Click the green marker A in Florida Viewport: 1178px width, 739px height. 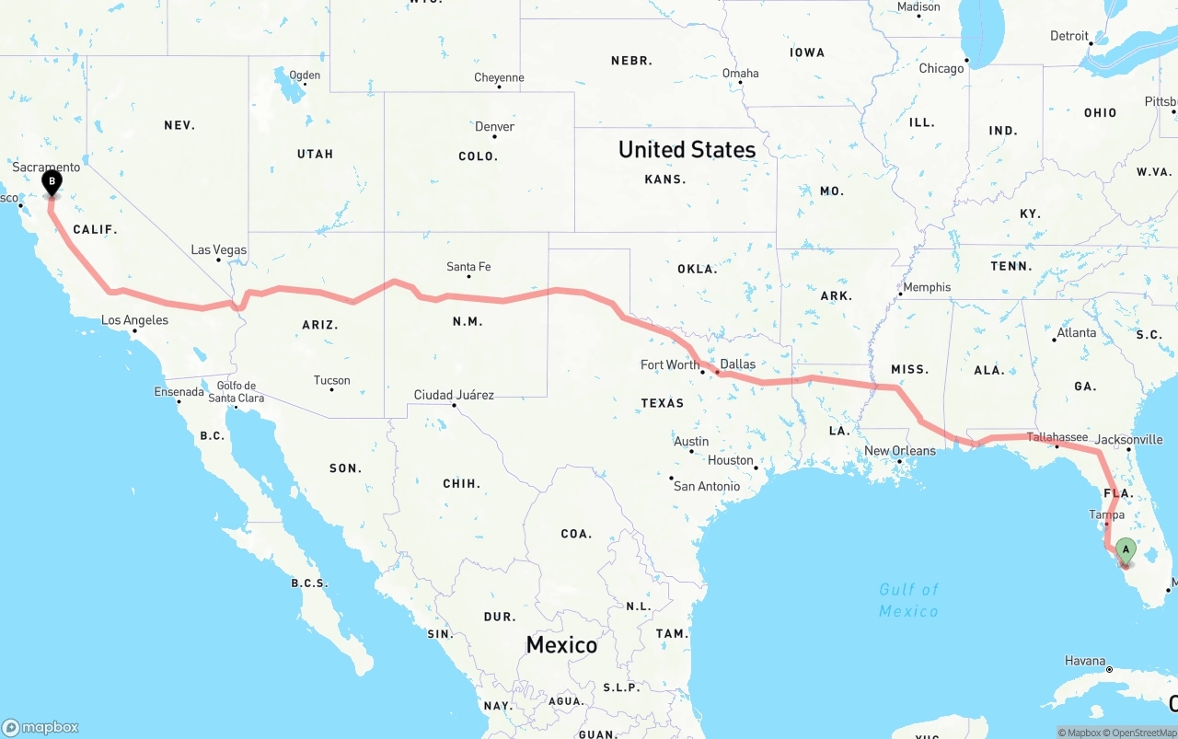click(x=1125, y=551)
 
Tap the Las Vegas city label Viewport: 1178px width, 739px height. click(x=218, y=249)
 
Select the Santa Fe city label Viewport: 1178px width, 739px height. click(x=468, y=267)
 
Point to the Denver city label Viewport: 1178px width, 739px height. click(x=495, y=127)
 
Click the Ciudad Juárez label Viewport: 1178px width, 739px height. click(x=454, y=395)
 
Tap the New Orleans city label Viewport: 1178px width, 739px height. click(x=900, y=451)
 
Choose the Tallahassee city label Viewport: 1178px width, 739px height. click(x=1057, y=437)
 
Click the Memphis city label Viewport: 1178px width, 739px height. click(x=927, y=287)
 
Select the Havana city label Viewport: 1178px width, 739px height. click(x=1085, y=661)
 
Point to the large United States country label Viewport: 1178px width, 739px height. click(x=687, y=149)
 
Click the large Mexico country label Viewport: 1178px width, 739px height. click(x=561, y=645)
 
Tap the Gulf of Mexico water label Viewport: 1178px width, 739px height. click(x=908, y=600)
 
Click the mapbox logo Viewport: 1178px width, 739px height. click(x=40, y=727)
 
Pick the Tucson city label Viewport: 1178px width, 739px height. click(x=331, y=380)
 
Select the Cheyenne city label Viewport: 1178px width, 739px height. click(x=499, y=77)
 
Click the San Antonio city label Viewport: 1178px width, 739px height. click(x=706, y=486)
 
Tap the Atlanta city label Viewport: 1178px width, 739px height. click(x=1077, y=332)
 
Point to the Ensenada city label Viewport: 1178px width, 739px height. click(x=179, y=392)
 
